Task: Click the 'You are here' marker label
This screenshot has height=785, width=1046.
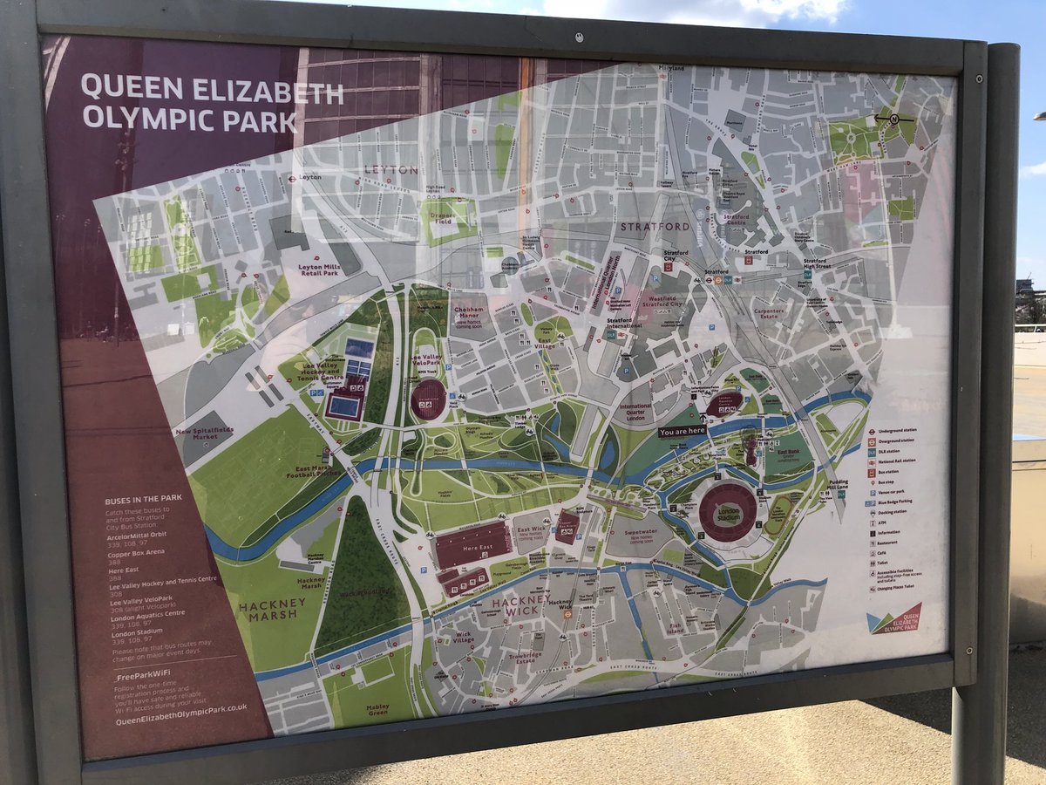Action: click(x=683, y=431)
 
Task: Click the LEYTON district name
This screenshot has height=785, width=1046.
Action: click(x=391, y=169)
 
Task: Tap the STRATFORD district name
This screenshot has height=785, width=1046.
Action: click(x=654, y=227)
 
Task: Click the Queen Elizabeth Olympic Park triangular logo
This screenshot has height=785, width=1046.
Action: click(x=893, y=618)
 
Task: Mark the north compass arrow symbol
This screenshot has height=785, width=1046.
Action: click(x=893, y=118)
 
